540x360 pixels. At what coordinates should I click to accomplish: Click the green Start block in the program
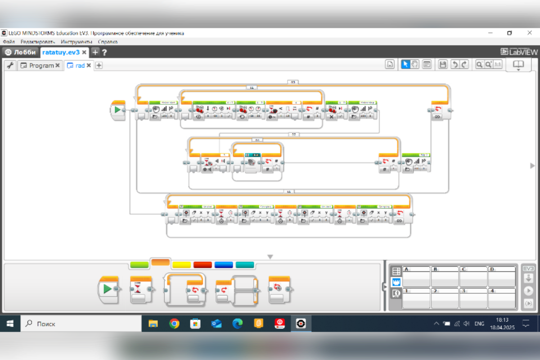[117, 110]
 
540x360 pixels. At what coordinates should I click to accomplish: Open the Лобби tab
[21, 52]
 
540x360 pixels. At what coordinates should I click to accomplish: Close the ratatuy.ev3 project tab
[84, 52]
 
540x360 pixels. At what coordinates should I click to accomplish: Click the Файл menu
[9, 41]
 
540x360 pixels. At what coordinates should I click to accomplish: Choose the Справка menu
[108, 41]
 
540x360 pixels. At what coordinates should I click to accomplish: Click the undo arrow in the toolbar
[454, 65]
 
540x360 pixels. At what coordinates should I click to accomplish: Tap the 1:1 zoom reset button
[498, 65]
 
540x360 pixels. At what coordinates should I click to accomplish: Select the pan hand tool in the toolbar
[415, 65]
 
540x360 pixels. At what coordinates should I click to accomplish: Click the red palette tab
[202, 265]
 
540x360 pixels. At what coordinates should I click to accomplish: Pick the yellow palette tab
[181, 265]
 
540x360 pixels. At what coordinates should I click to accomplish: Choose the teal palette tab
[245, 265]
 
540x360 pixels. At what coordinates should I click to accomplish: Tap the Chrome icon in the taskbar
[174, 324]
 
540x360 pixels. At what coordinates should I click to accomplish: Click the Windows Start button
[10, 324]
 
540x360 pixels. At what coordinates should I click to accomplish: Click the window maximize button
[509, 33]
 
